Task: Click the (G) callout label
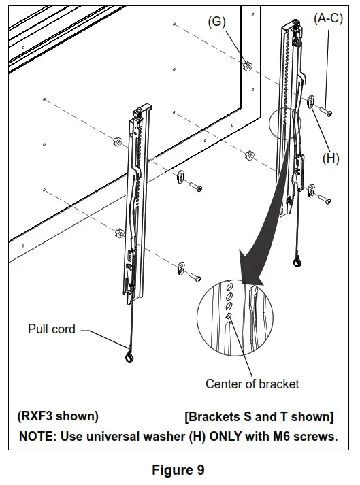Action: coord(216,22)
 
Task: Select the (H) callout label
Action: coord(331,158)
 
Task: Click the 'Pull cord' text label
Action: coord(51,329)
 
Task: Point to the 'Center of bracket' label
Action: coord(252,384)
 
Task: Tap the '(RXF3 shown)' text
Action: coord(58,416)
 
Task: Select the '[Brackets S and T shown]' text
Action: coord(259,416)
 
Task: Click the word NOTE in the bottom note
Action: coord(38,436)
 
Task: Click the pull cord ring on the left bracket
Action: coord(129,357)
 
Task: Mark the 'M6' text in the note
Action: coord(272,436)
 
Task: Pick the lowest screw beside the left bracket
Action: coord(194,276)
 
